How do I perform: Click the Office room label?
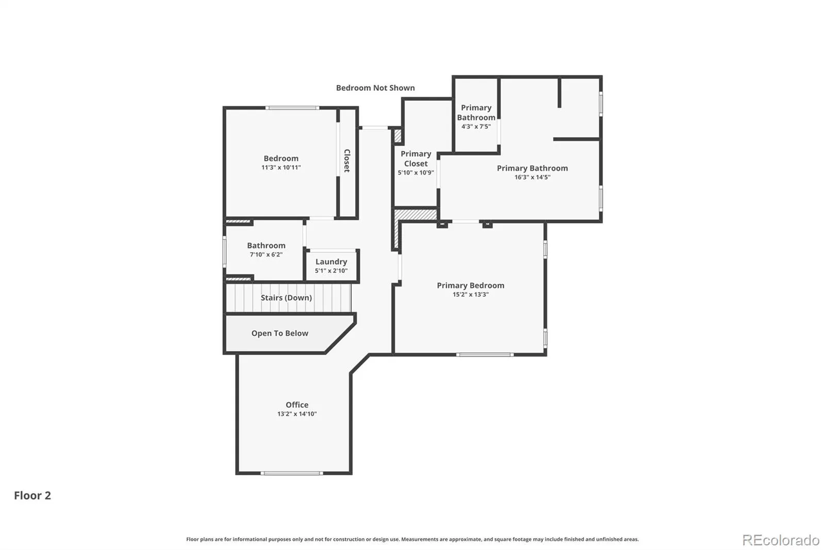[297, 405]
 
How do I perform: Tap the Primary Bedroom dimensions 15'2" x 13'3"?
[471, 294]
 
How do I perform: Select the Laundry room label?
[331, 262]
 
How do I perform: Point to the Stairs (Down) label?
[286, 298]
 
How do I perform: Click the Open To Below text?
[280, 333]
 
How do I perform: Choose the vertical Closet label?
[347, 161]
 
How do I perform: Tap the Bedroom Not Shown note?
[375, 88]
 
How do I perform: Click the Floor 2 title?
[32, 495]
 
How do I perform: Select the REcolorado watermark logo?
[781, 540]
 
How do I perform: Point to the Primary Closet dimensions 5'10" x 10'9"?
[416, 172]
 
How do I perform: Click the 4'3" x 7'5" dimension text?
[476, 126]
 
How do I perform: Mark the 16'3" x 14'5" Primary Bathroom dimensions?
[533, 177]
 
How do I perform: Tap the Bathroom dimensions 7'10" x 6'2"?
[266, 254]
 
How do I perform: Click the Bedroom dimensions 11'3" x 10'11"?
[281, 167]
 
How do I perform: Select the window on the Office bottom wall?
[292, 473]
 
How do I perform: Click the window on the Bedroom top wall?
[292, 108]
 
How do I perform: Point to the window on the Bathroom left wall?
[224, 252]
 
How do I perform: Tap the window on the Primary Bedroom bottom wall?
[485, 354]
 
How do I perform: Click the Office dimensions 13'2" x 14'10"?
[297, 414]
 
